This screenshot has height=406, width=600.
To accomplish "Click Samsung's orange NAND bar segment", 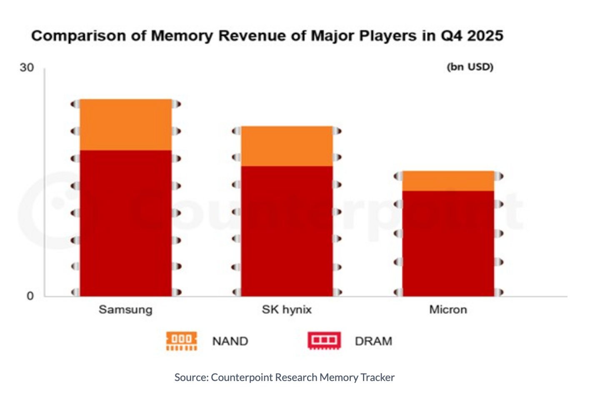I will (125, 125).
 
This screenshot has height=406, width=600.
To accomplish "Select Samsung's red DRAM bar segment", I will (125, 223).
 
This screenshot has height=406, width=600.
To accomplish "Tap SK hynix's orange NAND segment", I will (287, 146).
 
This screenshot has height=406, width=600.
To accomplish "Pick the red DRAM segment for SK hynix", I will (287, 231).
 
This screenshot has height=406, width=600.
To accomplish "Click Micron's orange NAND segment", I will (448, 181).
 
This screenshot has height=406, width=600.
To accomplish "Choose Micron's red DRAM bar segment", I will (448, 244).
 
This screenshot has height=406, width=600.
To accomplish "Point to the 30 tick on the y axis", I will (27, 68).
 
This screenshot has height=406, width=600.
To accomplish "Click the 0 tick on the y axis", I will (30, 296).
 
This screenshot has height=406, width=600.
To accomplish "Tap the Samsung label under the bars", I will (125, 310).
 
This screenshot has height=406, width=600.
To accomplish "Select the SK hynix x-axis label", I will (287, 310).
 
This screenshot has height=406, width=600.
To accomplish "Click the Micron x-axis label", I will (448, 310).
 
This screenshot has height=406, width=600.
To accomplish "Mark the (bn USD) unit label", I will (470, 67).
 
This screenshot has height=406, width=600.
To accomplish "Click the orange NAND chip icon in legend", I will (182, 341).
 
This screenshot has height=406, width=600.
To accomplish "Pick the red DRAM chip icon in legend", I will (324, 341).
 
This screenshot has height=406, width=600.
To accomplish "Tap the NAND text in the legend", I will (230, 341).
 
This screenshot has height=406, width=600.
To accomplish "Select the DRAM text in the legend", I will (373, 341).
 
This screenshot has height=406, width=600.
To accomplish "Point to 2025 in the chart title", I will (485, 36).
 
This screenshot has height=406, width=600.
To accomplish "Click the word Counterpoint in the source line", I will (242, 377).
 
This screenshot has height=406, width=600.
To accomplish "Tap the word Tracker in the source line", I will (377, 377).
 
